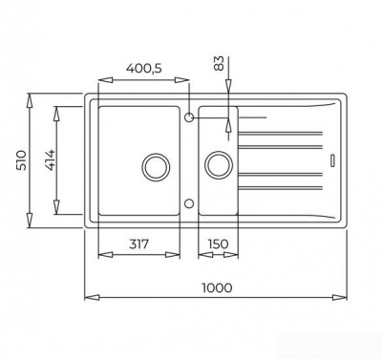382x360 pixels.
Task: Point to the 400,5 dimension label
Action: (144, 70)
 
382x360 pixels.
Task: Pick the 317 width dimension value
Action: (140, 245)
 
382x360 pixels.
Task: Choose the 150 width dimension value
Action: (217, 245)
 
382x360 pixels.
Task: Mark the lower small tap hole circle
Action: (189, 202)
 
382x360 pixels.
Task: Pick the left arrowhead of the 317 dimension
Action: (102, 256)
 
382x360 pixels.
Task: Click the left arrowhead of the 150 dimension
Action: (201, 256)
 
